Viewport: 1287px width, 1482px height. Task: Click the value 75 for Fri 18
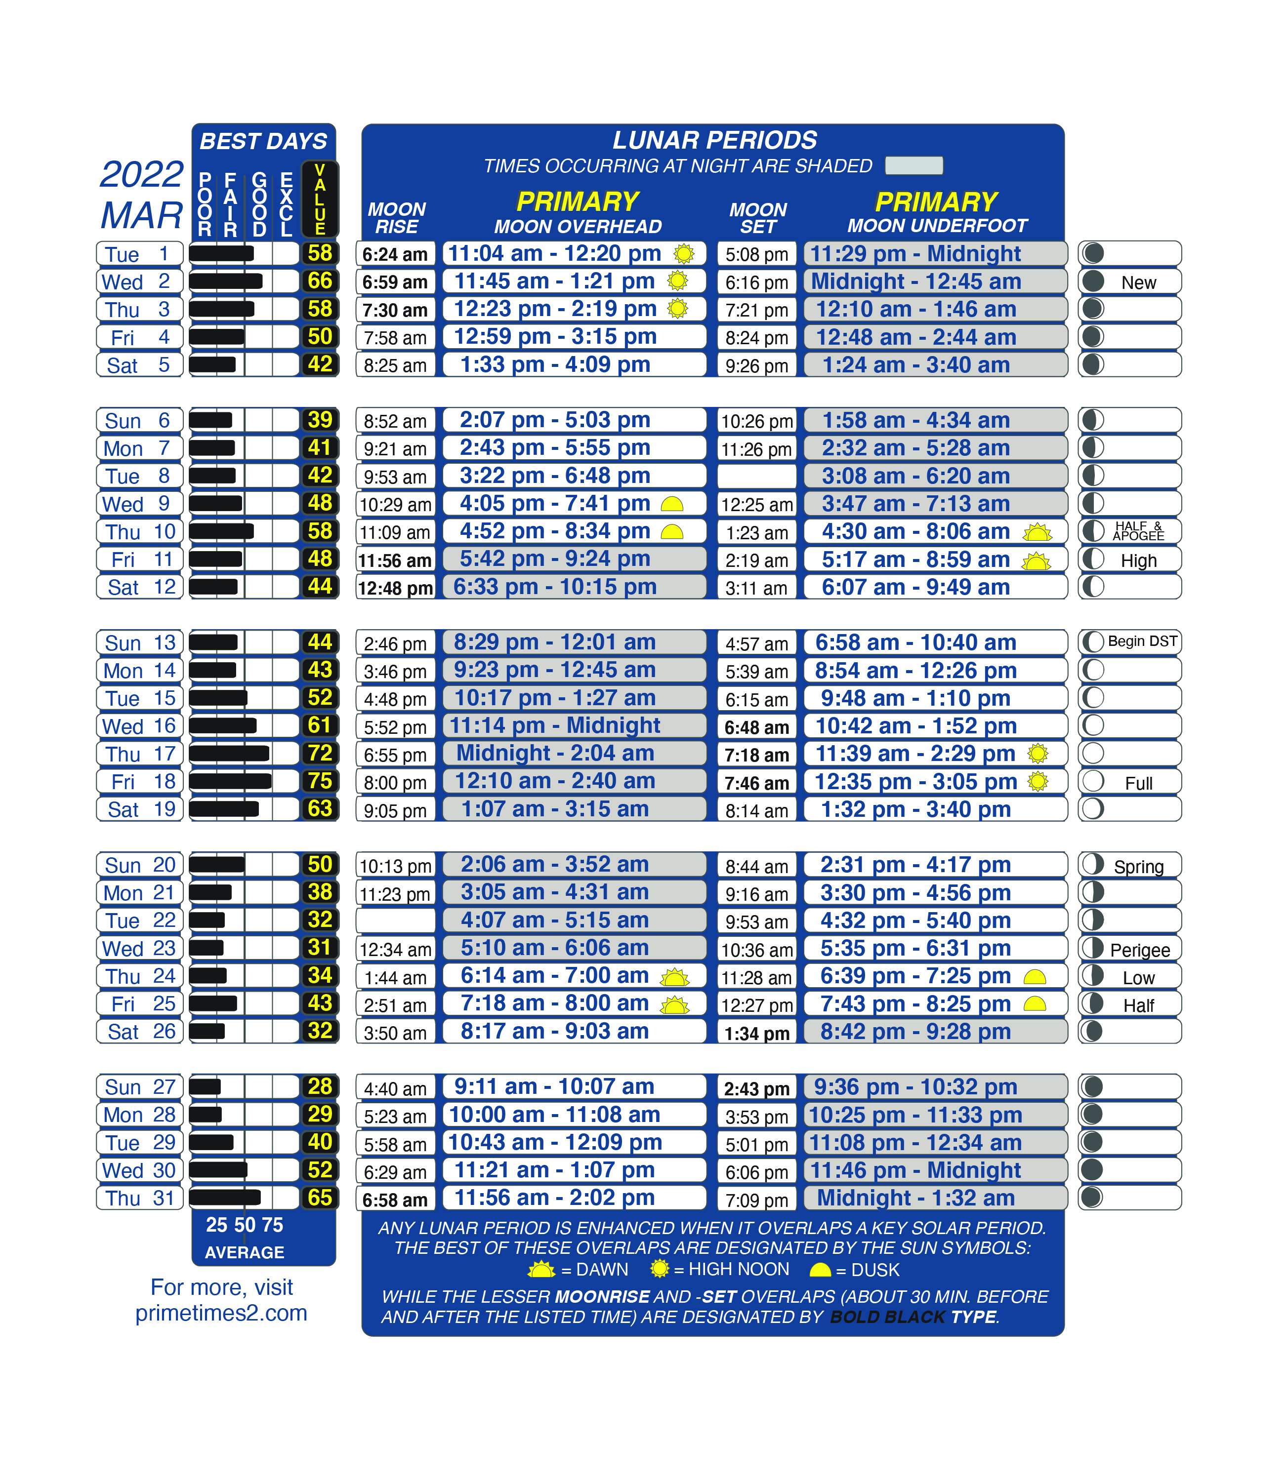(x=320, y=781)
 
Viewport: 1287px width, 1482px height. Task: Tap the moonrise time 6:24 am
(x=395, y=254)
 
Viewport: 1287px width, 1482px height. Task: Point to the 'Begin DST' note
(x=1142, y=641)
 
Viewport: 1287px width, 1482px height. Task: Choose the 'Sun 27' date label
(x=139, y=1087)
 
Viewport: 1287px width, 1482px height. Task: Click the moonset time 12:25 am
(x=757, y=505)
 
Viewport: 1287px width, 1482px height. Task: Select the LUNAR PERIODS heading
(x=714, y=140)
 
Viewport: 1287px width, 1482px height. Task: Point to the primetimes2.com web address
(x=221, y=1313)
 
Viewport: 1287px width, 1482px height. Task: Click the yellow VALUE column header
(x=320, y=199)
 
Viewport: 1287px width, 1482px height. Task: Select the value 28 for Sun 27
(x=320, y=1086)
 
